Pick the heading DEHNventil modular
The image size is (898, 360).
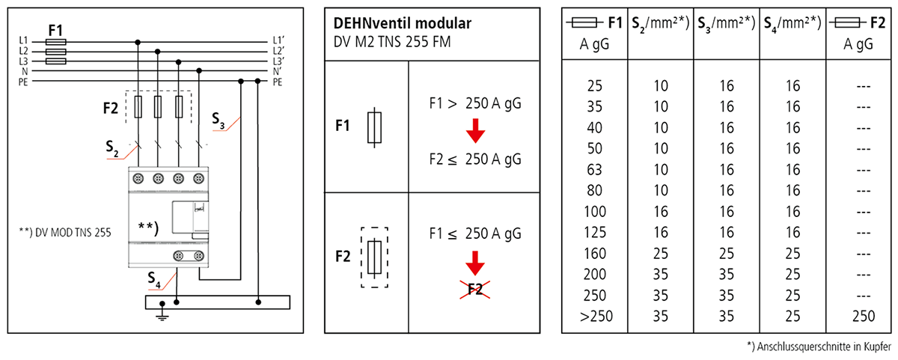click(x=403, y=23)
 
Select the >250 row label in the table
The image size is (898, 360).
click(x=596, y=316)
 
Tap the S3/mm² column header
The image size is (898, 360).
click(x=726, y=24)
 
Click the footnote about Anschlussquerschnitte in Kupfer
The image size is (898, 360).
click(x=819, y=346)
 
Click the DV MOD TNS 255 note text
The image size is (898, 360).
click(x=66, y=233)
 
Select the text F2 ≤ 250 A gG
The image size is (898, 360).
click(x=474, y=159)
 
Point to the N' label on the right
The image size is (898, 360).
click(x=277, y=70)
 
